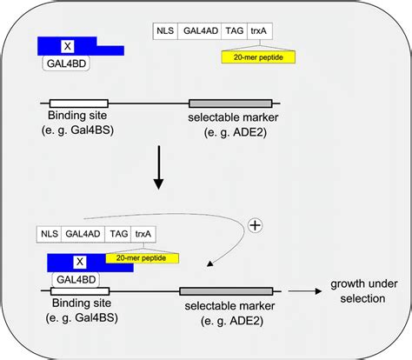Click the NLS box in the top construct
pos(165,31)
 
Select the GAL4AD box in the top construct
pos(198,31)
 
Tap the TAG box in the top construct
pos(234,31)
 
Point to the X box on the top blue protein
pos(66,43)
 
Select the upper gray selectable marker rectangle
pos(229,103)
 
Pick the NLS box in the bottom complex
pos(49,234)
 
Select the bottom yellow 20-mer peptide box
pos(142,257)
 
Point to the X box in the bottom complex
pos(80,261)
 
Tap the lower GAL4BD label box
pos(78,279)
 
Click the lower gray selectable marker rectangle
pos(225,292)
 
